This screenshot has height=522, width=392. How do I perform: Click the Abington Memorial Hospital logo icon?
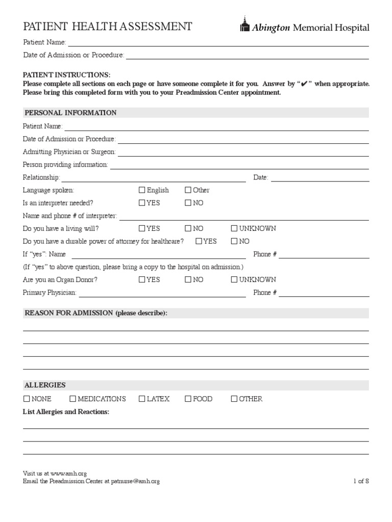tap(244, 26)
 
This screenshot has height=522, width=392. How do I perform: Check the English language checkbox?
tap(142, 190)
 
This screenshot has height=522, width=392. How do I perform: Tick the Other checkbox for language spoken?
tap(188, 190)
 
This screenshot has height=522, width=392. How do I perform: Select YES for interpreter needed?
tap(142, 203)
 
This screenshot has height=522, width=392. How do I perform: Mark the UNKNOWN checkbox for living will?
tap(234, 228)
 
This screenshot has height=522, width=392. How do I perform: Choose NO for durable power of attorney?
tap(234, 241)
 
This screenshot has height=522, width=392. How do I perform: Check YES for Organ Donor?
tap(142, 279)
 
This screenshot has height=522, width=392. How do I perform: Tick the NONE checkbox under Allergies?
tap(27, 399)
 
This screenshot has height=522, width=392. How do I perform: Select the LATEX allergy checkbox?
tap(142, 399)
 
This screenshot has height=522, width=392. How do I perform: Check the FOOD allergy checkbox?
tap(188, 399)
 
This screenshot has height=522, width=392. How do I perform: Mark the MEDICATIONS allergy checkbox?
tap(72, 399)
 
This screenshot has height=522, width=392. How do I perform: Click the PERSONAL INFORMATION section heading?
tap(70, 113)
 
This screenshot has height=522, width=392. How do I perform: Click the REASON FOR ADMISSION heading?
tap(95, 313)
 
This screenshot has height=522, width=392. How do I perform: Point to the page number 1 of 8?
tap(361, 481)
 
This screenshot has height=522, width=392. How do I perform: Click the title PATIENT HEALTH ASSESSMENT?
tap(108, 27)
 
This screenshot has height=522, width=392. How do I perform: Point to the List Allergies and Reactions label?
tap(66, 411)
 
